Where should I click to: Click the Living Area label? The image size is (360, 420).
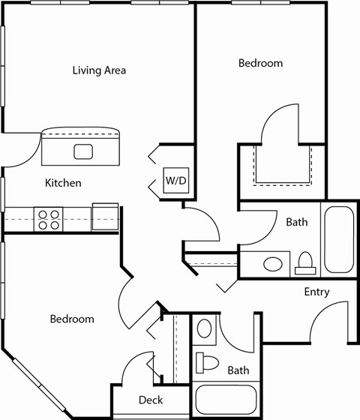click(99, 70)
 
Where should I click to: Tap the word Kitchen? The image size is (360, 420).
click(63, 183)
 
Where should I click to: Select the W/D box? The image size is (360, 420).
click(175, 181)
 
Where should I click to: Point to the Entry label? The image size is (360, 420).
click(317, 292)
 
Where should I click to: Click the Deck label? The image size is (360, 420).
click(151, 400)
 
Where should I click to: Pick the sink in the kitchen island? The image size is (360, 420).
click(83, 151)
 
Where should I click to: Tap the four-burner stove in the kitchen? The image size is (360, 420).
click(49, 219)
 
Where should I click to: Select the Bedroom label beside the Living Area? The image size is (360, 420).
click(260, 63)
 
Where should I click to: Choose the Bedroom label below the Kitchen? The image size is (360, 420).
click(72, 319)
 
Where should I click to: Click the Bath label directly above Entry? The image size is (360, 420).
click(297, 222)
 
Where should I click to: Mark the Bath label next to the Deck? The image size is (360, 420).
click(238, 370)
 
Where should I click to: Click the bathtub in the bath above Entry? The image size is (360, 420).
click(337, 238)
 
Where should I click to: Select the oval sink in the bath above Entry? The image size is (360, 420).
click(274, 264)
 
